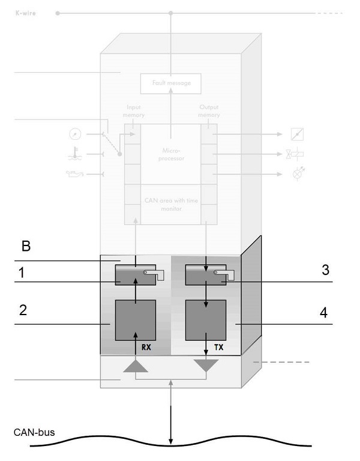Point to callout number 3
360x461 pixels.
(325, 270)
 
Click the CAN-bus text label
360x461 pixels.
(32, 432)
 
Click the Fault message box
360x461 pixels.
(171, 83)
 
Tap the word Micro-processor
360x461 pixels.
(171, 155)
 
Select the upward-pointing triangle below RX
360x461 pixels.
(136, 366)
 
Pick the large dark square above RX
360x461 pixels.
(136, 320)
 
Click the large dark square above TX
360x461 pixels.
(206, 320)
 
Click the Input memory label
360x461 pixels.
(134, 111)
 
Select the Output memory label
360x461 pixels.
(209, 111)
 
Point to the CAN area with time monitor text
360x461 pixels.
(171, 205)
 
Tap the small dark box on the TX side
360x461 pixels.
(206, 275)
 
